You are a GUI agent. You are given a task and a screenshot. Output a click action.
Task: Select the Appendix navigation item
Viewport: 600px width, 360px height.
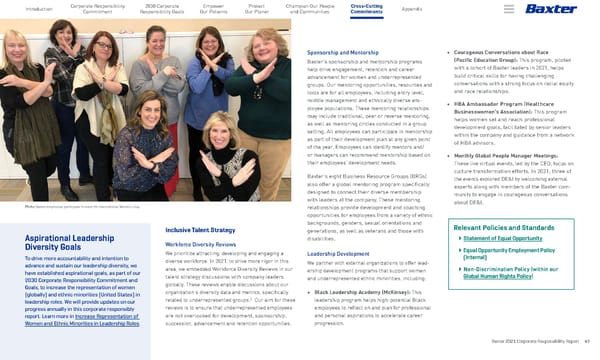click(412, 9)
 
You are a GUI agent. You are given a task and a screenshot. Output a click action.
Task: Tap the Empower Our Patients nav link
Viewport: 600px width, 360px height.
click(212, 9)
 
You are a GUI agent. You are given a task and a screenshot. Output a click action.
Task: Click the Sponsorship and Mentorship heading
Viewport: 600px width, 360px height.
click(342, 49)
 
